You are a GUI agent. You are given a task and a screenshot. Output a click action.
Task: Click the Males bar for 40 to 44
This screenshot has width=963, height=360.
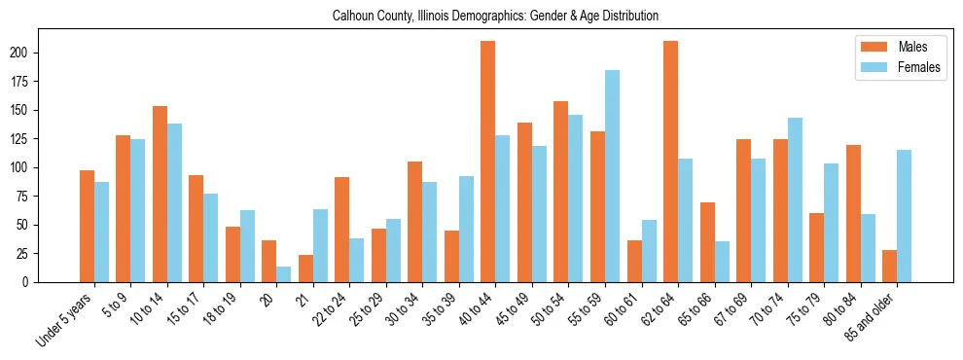[487, 162]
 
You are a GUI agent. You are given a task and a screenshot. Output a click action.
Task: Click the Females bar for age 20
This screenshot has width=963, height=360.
[283, 274]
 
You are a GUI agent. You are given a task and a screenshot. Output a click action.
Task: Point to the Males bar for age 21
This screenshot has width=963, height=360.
[305, 269]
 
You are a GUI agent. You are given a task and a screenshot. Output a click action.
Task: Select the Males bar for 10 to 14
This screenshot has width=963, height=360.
[160, 194]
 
